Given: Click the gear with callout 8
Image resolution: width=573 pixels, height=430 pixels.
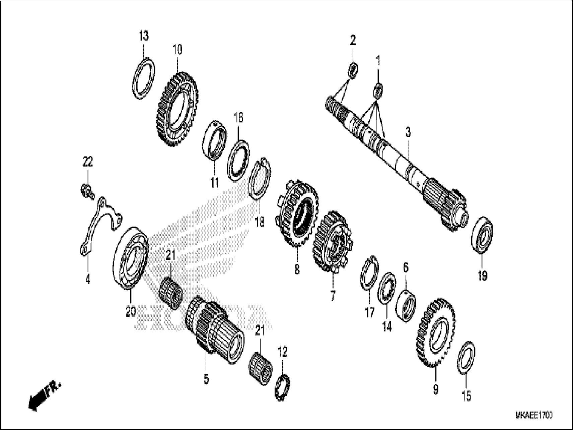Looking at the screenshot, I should point(298,218).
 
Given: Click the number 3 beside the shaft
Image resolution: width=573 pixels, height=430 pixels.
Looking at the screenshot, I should point(408,132).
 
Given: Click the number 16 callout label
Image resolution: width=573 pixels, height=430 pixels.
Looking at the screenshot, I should point(238,118).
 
